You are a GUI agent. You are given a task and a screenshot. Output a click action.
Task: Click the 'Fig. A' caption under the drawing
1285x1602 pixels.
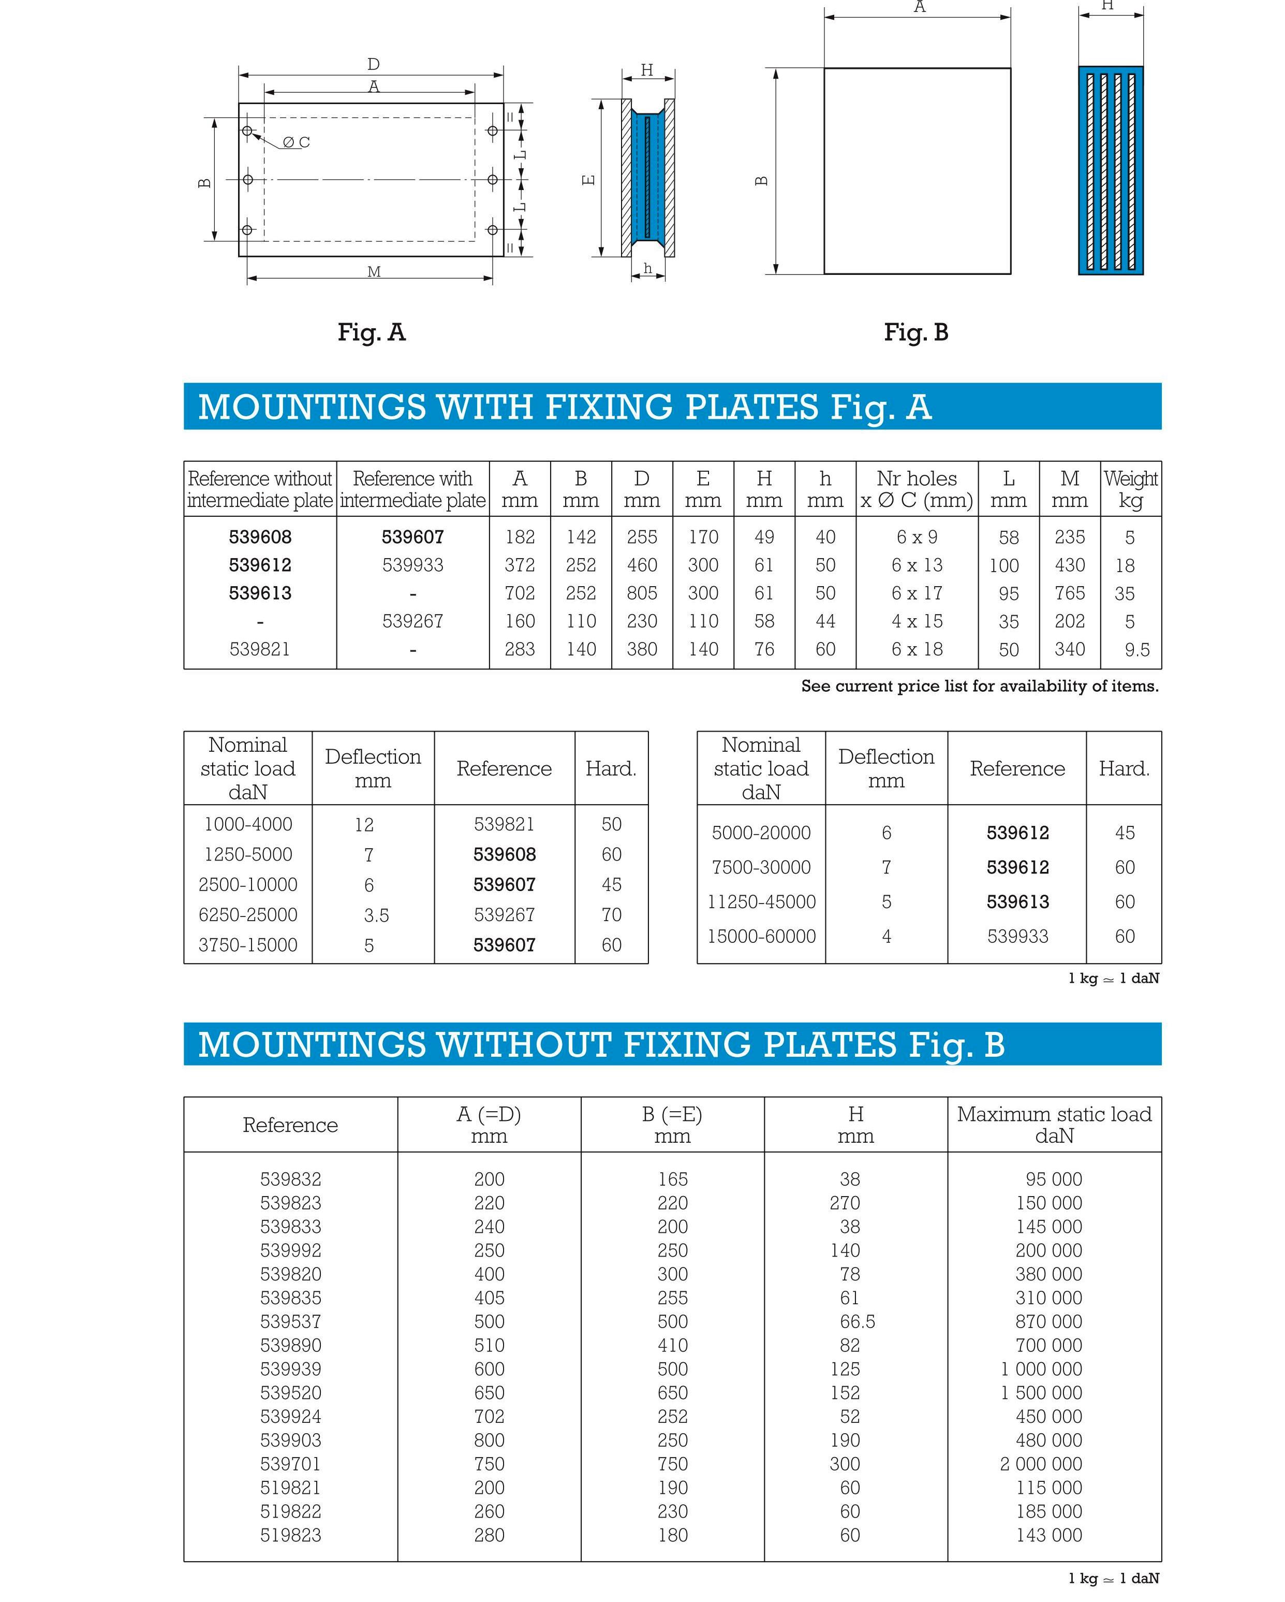[x=372, y=332]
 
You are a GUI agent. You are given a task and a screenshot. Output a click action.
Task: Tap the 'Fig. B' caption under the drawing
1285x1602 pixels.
[x=916, y=332]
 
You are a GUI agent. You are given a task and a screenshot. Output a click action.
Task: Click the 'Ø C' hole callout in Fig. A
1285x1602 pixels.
[x=296, y=142]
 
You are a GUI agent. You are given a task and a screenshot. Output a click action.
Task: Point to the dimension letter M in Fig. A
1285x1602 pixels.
[x=374, y=272]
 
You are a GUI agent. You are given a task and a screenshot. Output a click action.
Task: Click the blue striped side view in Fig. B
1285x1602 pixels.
[x=1111, y=170]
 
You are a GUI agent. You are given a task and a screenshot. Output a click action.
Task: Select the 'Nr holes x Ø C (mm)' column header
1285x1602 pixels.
[x=917, y=489]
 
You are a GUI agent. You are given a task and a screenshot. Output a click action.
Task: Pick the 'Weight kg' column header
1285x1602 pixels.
[x=1130, y=489]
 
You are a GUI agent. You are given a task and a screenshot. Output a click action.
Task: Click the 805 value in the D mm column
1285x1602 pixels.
[x=642, y=593]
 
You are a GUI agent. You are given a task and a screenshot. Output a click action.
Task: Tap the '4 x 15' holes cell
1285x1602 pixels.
[x=917, y=621]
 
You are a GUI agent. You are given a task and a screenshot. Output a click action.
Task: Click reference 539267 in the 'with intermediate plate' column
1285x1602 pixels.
[x=412, y=621]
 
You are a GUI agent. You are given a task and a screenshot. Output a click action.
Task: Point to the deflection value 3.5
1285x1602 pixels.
[x=376, y=915]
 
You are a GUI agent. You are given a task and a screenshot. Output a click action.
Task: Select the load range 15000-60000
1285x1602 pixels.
[x=761, y=936]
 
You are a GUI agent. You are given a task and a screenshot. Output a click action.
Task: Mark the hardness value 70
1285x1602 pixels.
[x=611, y=915]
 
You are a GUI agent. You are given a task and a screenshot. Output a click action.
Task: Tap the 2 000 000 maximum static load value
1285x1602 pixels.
[x=1041, y=1464]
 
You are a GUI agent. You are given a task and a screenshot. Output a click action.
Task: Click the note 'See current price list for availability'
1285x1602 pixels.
[x=979, y=686]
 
